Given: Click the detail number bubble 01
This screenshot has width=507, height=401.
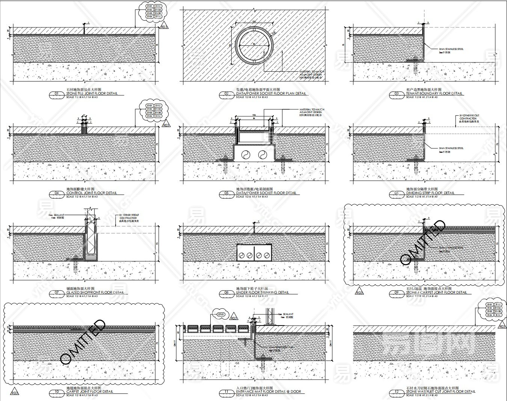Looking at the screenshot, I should pos(57,94).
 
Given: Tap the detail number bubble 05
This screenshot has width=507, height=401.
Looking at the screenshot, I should pos(227,193).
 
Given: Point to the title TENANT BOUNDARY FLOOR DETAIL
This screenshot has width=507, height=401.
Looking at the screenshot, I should pos(434,93).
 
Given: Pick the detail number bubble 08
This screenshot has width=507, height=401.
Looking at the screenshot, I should pos(227,293).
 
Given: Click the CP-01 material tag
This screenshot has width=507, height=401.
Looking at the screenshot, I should pos(220,314).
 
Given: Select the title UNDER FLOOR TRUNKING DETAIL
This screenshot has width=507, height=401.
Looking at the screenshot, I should pos(263,292).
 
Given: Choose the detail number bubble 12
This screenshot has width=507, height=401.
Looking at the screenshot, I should pos(396,392).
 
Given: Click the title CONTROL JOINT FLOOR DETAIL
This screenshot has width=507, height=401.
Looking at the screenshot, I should pos(92,193).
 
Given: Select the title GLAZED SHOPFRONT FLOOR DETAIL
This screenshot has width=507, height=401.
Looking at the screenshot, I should pos(95,292).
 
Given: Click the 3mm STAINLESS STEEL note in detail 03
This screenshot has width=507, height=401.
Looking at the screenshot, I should pos(451,49).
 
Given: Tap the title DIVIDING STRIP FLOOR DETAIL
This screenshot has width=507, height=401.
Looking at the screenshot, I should pos(430,193).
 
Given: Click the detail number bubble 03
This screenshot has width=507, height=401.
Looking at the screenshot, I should pos(397,94).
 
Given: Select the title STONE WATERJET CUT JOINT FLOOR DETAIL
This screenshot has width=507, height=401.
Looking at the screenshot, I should pos(441,392).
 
